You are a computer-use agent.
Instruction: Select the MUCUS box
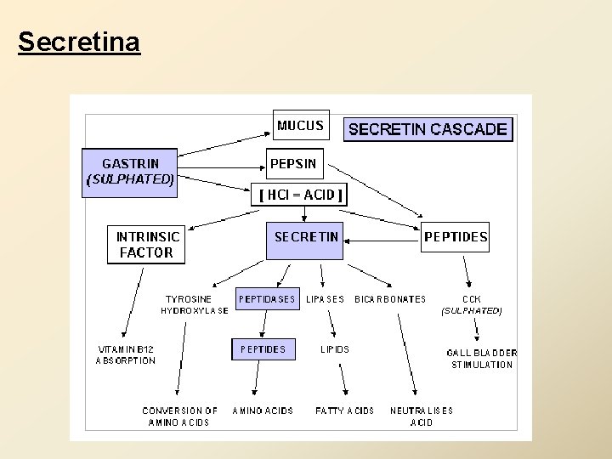300,126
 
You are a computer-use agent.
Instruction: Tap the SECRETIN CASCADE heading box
428,129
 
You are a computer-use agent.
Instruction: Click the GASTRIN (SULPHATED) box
129,172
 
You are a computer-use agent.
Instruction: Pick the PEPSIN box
292,163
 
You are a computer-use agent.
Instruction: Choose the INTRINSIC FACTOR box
144,245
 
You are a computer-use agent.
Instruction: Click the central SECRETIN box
306,237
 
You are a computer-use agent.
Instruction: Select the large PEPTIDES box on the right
456,237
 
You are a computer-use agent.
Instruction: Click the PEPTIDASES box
267,299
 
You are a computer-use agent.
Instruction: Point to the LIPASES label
325,299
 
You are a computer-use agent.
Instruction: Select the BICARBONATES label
390,299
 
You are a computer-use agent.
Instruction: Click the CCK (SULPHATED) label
471,305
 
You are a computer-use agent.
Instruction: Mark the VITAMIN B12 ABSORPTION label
126,354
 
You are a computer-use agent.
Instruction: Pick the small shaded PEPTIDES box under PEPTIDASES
263,349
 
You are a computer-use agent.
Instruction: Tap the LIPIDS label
334,349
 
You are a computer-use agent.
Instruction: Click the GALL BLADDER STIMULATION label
481,359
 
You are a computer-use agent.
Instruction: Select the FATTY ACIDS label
344,411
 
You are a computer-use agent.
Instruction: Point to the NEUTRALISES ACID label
421,416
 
